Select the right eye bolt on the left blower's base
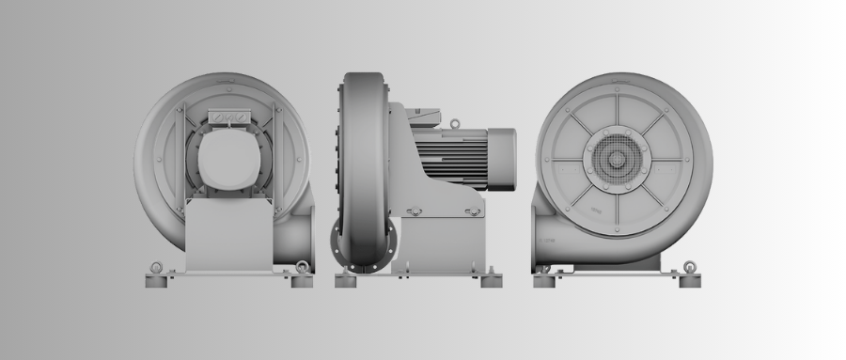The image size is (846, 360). (x=301, y=268)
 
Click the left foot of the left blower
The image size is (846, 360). (x=157, y=280)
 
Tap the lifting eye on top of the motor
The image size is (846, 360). (x=455, y=123)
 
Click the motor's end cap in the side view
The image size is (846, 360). (x=501, y=158)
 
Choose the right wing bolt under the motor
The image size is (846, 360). (x=475, y=211)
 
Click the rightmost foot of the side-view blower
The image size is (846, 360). (x=491, y=280)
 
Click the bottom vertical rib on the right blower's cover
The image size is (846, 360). (x=617, y=209)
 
